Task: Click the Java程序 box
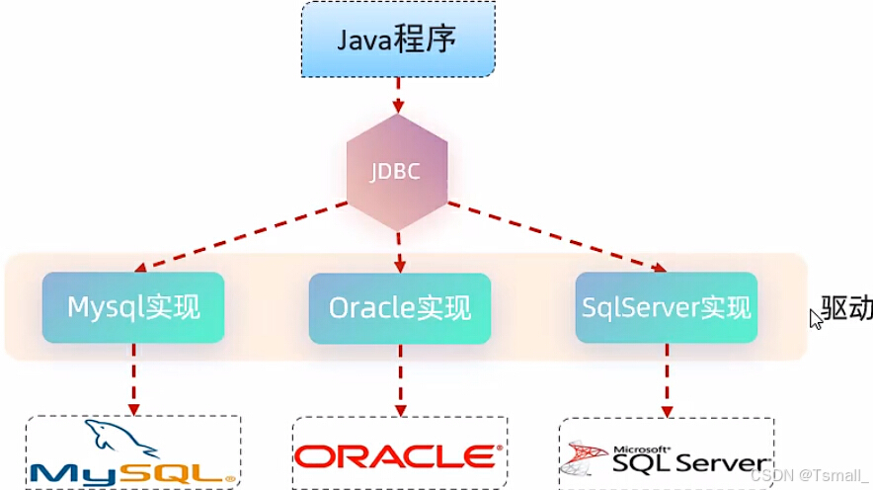[397, 40]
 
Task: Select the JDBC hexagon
[397, 171]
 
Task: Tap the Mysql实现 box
[133, 307]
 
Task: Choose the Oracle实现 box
[399, 307]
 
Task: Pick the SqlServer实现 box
[666, 307]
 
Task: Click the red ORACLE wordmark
[395, 456]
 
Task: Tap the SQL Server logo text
[689, 460]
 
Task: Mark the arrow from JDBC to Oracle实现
[399, 252]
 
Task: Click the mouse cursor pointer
[816, 318]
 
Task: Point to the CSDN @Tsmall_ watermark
[809, 474]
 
